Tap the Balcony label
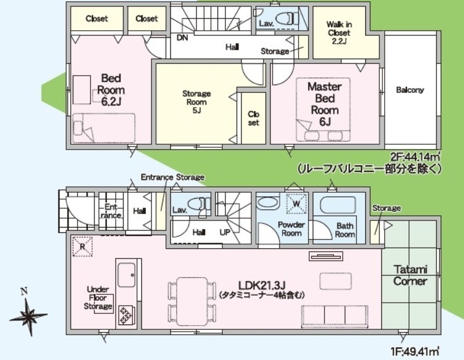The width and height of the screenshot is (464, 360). (x=410, y=90)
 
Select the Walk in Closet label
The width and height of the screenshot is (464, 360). (x=339, y=33)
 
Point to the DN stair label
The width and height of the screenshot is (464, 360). (x=182, y=38)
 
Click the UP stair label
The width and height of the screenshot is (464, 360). (x=225, y=232)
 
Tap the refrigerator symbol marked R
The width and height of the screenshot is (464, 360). (x=83, y=247)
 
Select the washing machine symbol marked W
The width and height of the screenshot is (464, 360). (x=296, y=203)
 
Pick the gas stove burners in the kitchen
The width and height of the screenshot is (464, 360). (x=125, y=314)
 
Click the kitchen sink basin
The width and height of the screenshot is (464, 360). (x=126, y=275)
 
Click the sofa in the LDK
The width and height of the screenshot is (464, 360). (x=335, y=316)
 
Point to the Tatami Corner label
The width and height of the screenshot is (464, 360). (x=410, y=275)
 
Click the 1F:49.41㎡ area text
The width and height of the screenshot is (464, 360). (x=415, y=352)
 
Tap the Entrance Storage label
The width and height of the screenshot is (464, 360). (x=173, y=177)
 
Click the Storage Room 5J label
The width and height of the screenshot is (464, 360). (x=196, y=102)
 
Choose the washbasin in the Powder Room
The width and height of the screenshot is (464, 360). (x=268, y=203)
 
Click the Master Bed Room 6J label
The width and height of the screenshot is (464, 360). (x=325, y=104)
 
